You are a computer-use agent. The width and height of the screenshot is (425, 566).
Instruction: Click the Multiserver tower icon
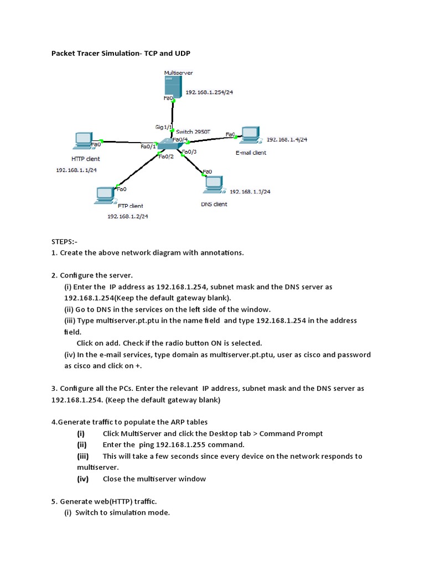(172, 86)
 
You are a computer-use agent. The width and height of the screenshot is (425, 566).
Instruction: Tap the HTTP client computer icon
(83, 141)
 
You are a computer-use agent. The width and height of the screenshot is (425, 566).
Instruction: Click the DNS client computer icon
(214, 184)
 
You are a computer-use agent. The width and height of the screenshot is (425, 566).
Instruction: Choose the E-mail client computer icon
(249, 135)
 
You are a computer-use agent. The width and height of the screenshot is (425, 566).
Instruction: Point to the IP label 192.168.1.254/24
(209, 92)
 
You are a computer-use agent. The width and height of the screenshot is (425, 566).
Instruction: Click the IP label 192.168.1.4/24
(287, 140)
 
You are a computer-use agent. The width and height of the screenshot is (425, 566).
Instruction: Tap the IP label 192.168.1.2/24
(128, 216)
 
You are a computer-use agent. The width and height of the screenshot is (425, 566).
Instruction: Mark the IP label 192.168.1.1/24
(76, 170)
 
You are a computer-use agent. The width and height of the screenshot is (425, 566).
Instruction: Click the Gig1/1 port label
(164, 127)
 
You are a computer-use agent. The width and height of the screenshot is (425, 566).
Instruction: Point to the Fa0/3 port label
(189, 151)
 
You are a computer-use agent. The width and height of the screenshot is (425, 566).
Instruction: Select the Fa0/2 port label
(166, 156)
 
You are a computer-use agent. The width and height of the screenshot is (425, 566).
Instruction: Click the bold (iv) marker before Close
(82, 479)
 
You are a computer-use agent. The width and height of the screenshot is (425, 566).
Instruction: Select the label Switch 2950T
(193, 132)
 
